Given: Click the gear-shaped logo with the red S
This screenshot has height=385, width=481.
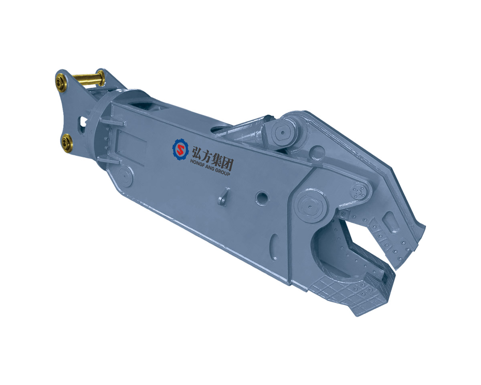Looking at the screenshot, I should [180, 150].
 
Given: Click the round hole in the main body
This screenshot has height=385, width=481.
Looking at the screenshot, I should [263, 197].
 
